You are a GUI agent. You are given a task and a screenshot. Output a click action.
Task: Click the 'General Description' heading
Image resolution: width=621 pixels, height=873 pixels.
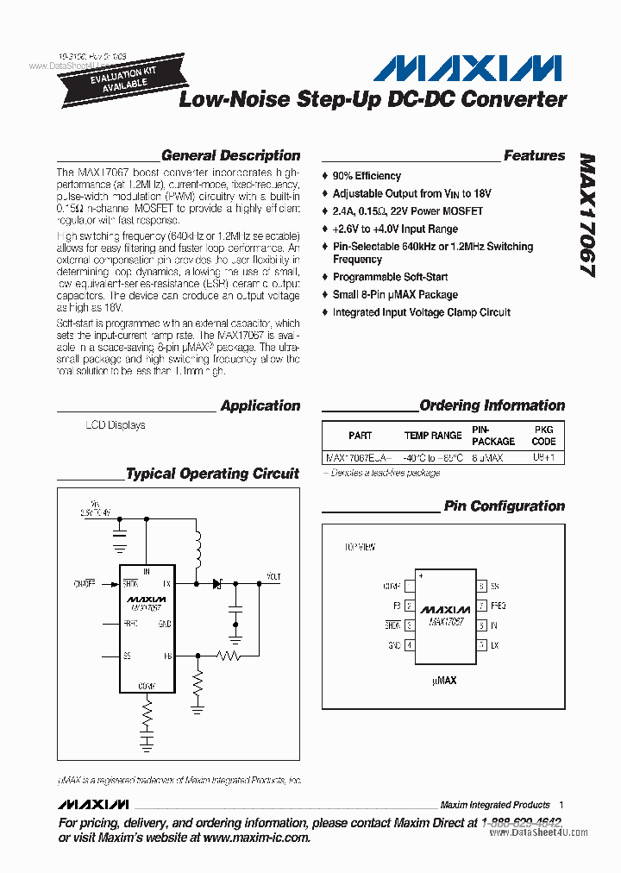230,156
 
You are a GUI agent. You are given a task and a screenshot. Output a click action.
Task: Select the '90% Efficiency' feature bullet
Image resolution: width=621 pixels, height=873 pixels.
367,176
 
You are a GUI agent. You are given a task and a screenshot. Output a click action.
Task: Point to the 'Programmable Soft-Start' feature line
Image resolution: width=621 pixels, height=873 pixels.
391,277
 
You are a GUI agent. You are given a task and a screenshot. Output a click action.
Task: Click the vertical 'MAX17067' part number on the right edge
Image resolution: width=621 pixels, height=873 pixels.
587,216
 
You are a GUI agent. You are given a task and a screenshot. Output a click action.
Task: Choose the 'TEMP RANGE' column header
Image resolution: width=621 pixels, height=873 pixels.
433,436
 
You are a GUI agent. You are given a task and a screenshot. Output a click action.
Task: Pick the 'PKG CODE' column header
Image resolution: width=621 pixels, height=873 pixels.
543,435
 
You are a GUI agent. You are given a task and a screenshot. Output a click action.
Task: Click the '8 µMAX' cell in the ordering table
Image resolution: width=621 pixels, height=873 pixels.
487,458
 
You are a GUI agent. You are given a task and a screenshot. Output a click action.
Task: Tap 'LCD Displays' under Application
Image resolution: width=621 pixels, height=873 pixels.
115,425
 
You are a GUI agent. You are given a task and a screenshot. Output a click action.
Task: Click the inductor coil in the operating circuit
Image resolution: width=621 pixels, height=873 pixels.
198,549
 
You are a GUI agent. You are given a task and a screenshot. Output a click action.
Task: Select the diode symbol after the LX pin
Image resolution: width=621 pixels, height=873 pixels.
216,584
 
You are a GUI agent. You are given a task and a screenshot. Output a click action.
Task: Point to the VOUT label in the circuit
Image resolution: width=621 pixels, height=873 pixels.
273,576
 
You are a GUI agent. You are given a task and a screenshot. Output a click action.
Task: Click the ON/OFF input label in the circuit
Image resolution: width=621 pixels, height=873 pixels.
84,583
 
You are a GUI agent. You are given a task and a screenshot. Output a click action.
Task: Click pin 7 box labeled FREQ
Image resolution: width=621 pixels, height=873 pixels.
481,606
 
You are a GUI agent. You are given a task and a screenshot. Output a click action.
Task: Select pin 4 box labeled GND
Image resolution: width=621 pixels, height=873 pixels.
410,644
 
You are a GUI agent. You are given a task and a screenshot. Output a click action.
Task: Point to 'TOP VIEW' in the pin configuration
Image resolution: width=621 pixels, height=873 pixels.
360,547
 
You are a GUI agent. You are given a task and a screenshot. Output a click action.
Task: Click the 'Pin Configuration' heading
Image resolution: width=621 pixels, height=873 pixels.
505,506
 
